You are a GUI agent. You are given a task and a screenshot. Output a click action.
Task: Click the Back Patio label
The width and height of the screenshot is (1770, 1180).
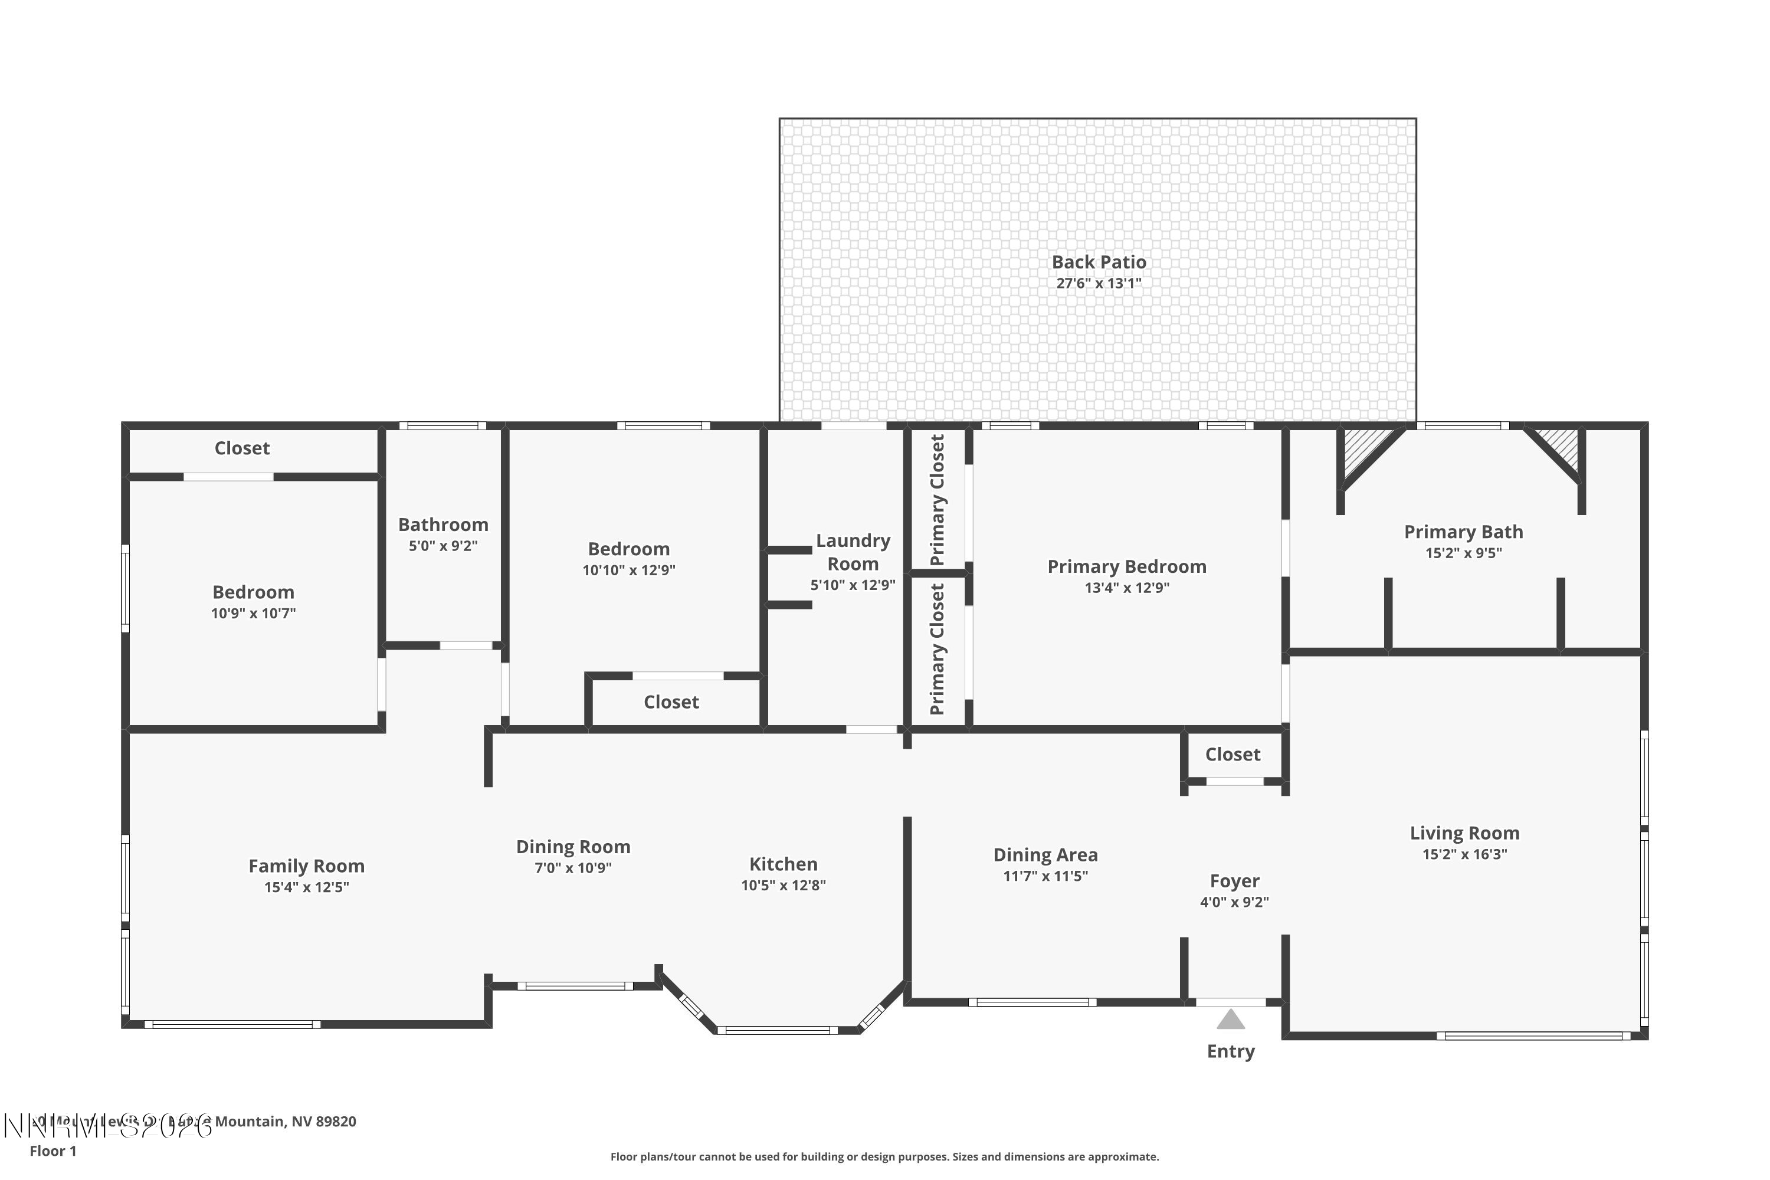tap(1099, 262)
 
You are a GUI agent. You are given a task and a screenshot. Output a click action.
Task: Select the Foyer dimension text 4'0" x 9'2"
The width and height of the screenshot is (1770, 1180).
tap(1234, 902)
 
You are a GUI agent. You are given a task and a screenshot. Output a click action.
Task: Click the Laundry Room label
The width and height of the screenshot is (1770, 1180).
tap(853, 552)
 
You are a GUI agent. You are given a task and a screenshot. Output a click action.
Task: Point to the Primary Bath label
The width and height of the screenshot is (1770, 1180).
tap(1463, 532)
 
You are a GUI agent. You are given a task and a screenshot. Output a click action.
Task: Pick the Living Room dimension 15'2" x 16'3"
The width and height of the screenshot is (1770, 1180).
tap(1464, 854)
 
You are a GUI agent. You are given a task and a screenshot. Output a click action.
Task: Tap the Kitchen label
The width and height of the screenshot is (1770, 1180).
tap(783, 864)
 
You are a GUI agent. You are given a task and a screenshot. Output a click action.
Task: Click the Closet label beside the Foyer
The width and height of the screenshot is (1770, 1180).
tap(1232, 754)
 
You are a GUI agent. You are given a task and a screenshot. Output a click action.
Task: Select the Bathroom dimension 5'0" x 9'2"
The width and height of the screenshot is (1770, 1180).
tap(442, 546)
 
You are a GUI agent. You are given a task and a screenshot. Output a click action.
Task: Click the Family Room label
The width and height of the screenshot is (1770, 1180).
tap(306, 866)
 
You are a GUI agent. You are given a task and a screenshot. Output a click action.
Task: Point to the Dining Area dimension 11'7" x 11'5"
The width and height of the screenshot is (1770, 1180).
tap(1045, 876)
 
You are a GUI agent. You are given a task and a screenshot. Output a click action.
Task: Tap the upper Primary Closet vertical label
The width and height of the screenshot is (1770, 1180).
tap(937, 500)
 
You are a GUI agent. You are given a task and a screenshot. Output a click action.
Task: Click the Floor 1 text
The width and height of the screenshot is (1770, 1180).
tap(53, 1150)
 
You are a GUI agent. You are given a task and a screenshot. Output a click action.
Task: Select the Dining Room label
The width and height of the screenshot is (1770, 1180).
tap(573, 847)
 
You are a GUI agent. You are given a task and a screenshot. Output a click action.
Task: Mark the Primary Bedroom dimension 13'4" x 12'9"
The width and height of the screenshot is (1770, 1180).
tap(1126, 588)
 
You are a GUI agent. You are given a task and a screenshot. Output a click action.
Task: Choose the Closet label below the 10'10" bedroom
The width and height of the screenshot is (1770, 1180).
tap(671, 702)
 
